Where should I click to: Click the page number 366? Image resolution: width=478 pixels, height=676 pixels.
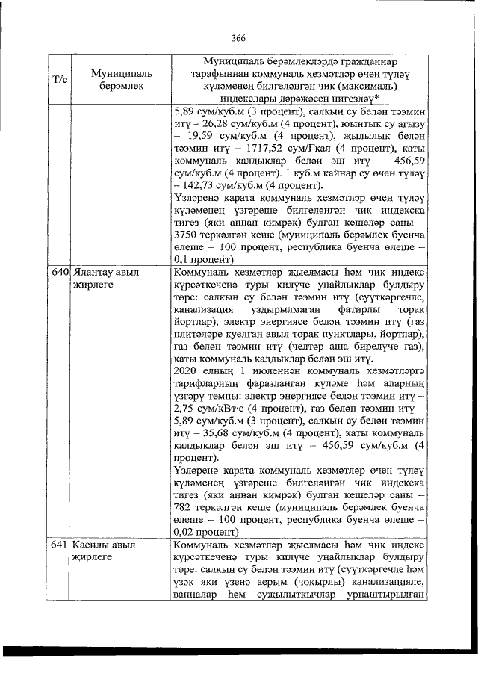pos(239,39)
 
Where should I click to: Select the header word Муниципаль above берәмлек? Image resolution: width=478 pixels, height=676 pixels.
pos(121,72)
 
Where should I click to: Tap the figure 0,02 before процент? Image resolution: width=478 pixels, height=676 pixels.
pos(185,533)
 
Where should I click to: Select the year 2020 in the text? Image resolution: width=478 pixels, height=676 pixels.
pos(185,369)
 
